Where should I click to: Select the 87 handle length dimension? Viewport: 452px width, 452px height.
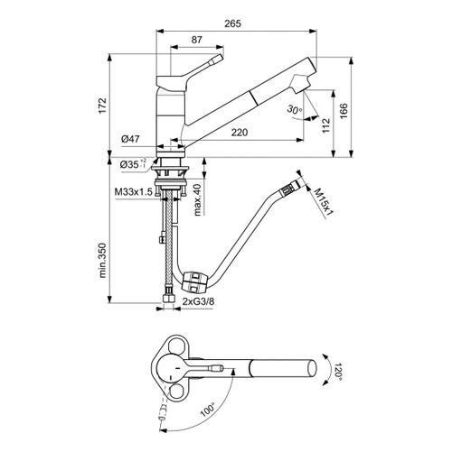pos(196,40)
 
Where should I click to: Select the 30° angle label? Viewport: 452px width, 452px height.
pos(291,109)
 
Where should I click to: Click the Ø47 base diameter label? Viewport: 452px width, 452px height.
pos(129,138)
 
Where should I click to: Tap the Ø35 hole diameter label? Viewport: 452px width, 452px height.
pos(131,165)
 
